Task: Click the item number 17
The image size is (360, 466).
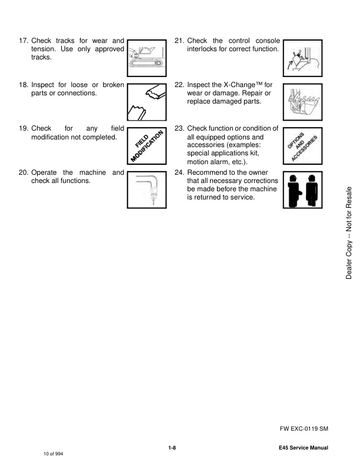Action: point(24,41)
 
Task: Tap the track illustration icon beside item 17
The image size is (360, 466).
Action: point(146,58)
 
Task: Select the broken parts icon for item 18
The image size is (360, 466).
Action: point(146,102)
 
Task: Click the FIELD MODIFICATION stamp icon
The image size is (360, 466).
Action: point(146,146)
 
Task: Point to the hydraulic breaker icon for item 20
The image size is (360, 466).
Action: point(146,189)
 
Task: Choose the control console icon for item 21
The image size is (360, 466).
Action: point(302,58)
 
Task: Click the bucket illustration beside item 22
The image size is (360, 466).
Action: point(302,102)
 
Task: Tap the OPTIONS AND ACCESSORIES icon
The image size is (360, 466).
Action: point(302,146)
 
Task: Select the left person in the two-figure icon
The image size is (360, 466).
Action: point(294,190)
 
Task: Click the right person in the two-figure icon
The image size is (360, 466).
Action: point(311,190)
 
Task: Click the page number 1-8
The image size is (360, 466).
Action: point(172,448)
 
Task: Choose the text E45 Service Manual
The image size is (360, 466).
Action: point(304,448)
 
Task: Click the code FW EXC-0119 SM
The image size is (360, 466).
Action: point(304,428)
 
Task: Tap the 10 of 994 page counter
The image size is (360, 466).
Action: point(53,454)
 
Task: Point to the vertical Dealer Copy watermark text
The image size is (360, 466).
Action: point(349,232)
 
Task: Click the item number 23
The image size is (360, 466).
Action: point(179,128)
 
